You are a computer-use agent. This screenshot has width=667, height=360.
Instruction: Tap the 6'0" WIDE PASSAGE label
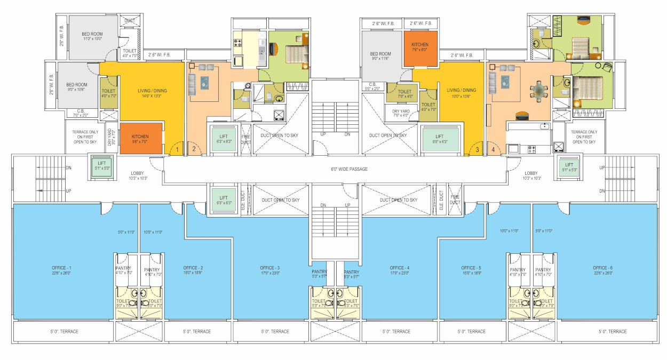click(x=350, y=169)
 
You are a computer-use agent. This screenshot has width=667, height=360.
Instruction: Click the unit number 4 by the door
click(x=493, y=150)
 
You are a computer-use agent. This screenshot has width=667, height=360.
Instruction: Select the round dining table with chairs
click(x=539, y=91)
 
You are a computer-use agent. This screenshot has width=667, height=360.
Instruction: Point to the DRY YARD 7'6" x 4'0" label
click(x=401, y=113)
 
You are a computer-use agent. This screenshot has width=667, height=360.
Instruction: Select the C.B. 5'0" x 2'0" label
click(x=372, y=86)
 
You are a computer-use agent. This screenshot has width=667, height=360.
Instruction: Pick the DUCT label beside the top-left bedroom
click(x=129, y=21)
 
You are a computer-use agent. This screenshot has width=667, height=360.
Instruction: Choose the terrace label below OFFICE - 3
click(x=275, y=332)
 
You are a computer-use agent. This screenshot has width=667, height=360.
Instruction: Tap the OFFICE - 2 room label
click(x=193, y=267)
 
